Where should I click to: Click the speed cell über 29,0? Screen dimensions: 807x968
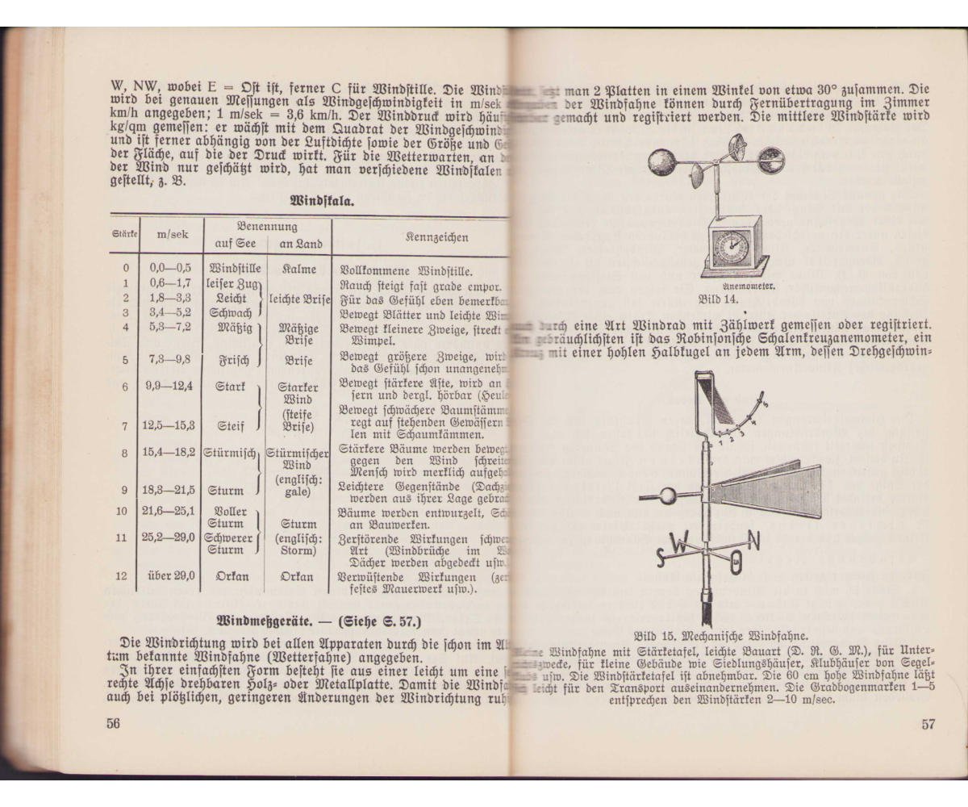(x=171, y=576)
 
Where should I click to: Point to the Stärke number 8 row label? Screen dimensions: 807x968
(x=125, y=454)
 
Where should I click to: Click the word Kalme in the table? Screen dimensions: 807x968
(x=299, y=269)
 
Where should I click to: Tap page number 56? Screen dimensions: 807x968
(x=113, y=724)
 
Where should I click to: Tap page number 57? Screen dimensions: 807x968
(x=928, y=724)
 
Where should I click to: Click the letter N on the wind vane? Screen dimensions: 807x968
(x=752, y=541)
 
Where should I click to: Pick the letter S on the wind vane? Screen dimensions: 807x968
(x=661, y=556)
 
